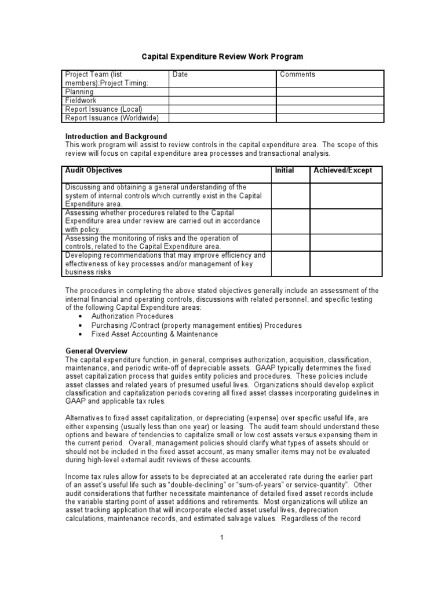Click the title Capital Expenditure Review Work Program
click(222, 57)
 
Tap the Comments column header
click(297, 75)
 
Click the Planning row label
click(79, 91)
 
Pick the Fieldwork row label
click(81, 100)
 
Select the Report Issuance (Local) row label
click(104, 109)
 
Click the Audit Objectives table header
click(94, 170)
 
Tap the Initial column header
click(284, 170)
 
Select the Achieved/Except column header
click(343, 170)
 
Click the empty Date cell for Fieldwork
click(222, 100)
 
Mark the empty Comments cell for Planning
click(330, 91)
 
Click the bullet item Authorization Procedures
click(132, 317)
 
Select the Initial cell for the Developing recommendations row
click(290, 263)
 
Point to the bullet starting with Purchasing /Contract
click(196, 325)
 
